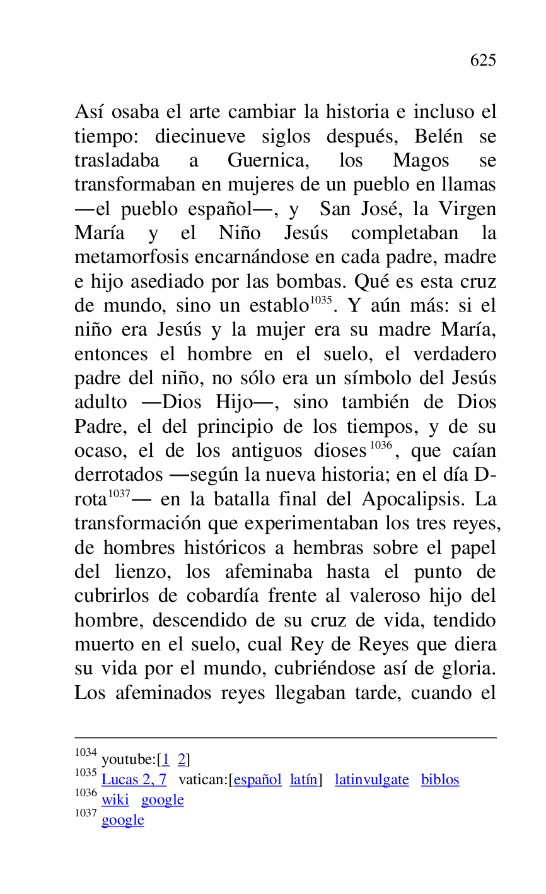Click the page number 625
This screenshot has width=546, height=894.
[483, 61]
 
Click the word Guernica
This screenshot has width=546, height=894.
[268, 161]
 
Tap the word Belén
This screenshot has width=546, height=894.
[438, 136]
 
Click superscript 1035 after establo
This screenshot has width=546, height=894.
[320, 301]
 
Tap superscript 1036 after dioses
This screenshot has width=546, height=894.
[381, 446]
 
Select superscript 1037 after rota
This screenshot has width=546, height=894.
[119, 494]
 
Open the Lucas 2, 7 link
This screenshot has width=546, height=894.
[134, 780]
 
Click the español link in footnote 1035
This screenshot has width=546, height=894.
[257, 780]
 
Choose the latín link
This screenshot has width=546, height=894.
[303, 780]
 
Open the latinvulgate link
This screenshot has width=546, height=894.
[371, 780]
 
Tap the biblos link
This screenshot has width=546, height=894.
[440, 780]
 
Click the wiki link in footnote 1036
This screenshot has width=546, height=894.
[115, 800]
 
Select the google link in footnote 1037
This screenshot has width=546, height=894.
[122, 820]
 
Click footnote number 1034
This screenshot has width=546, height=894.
[86, 753]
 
